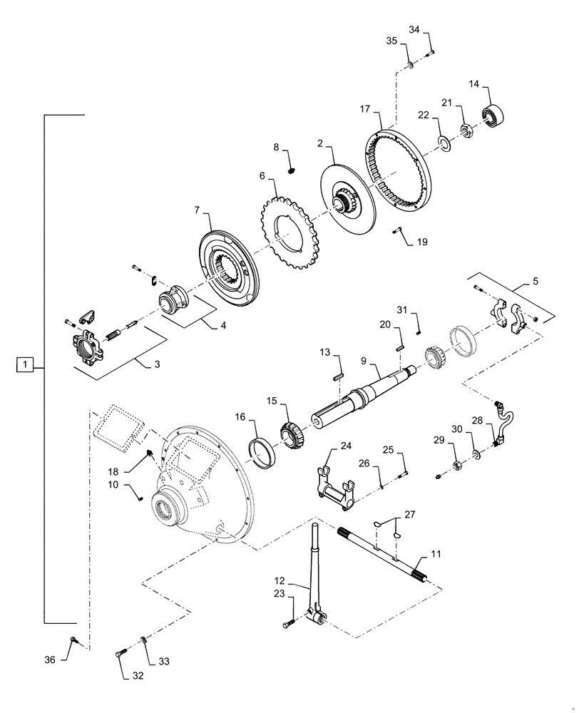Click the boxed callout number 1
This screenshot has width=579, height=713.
tap(25, 365)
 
